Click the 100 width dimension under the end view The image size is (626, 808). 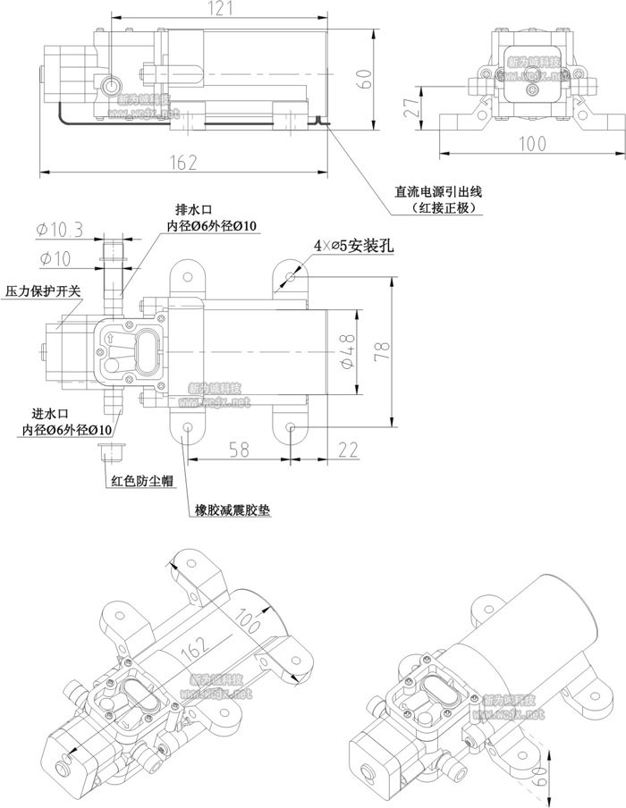531,144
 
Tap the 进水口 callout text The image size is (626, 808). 49,414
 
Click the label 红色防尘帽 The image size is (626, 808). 141,481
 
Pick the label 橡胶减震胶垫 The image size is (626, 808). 233,512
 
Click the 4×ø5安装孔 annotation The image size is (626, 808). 353,246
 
